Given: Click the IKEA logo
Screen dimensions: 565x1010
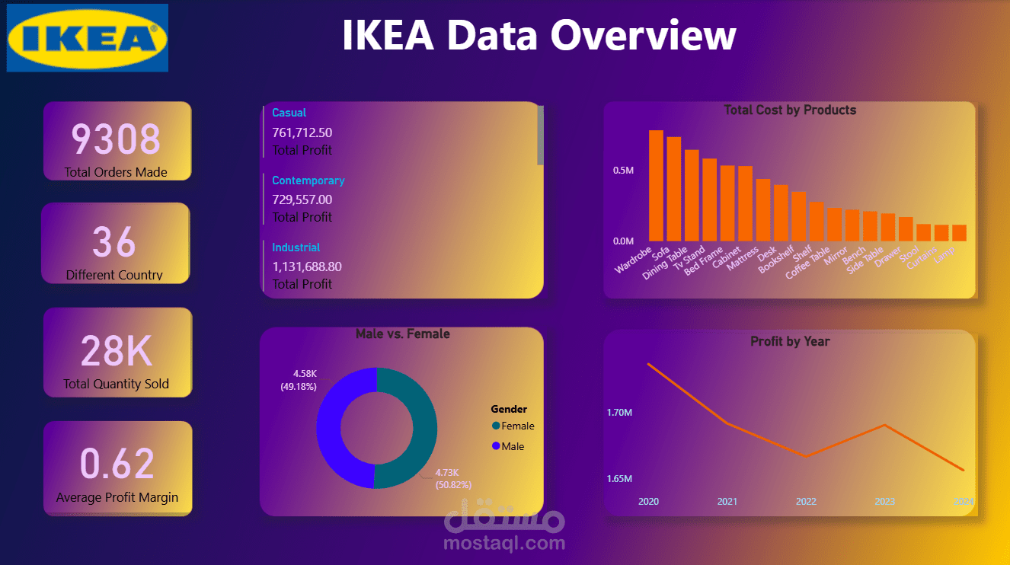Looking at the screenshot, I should [x=88, y=38].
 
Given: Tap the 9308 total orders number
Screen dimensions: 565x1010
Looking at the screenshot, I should [x=116, y=139].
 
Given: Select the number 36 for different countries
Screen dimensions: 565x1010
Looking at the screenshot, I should [x=114, y=241].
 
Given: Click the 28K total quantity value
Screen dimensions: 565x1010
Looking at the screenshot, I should [x=117, y=350].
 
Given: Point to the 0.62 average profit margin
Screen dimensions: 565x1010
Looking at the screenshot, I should [x=117, y=464].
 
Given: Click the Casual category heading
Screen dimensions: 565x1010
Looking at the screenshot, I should [x=289, y=113].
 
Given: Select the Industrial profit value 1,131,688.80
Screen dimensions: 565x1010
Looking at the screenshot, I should [x=307, y=267].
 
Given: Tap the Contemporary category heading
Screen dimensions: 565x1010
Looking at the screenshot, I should [x=308, y=180].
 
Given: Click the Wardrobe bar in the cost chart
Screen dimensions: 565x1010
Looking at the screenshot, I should [x=656, y=186].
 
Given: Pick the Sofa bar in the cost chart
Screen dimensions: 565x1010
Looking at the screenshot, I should [x=674, y=189].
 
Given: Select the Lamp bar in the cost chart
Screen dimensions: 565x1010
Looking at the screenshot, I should [x=959, y=233].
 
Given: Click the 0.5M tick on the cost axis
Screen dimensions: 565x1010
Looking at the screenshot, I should [x=623, y=170].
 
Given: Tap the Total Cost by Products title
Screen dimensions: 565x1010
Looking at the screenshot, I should [x=790, y=110].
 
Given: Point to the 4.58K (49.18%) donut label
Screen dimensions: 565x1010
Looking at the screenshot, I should [x=299, y=380].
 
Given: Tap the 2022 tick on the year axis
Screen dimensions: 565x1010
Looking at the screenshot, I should [x=806, y=501].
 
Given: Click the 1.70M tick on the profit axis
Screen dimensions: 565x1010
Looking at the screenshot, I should [x=619, y=413].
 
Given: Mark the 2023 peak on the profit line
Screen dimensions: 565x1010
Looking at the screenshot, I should [x=884, y=425].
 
